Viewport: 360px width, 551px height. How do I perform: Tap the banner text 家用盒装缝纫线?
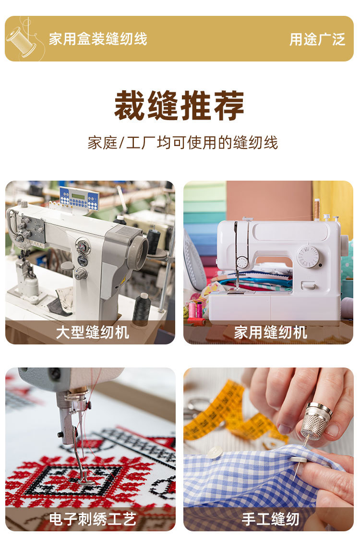(98, 39)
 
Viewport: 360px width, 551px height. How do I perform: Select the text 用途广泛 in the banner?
(317, 39)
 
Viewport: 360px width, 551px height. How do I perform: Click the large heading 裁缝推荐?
(180, 106)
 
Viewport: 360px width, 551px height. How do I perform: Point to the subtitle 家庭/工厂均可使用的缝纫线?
(182, 143)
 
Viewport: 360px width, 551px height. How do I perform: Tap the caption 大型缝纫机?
(93, 332)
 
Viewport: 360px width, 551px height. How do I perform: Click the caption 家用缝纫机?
(270, 332)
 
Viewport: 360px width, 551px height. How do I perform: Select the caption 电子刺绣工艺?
(93, 519)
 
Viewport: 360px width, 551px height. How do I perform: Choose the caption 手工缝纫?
(270, 519)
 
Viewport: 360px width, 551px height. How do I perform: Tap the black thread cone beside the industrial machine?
(141, 309)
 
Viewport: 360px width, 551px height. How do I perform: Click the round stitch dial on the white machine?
(308, 257)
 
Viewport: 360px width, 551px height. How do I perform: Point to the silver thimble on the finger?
(316, 420)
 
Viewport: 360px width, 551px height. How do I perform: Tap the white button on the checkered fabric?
(214, 452)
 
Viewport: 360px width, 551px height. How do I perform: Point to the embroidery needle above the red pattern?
(79, 456)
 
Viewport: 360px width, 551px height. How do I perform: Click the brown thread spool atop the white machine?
(317, 209)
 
